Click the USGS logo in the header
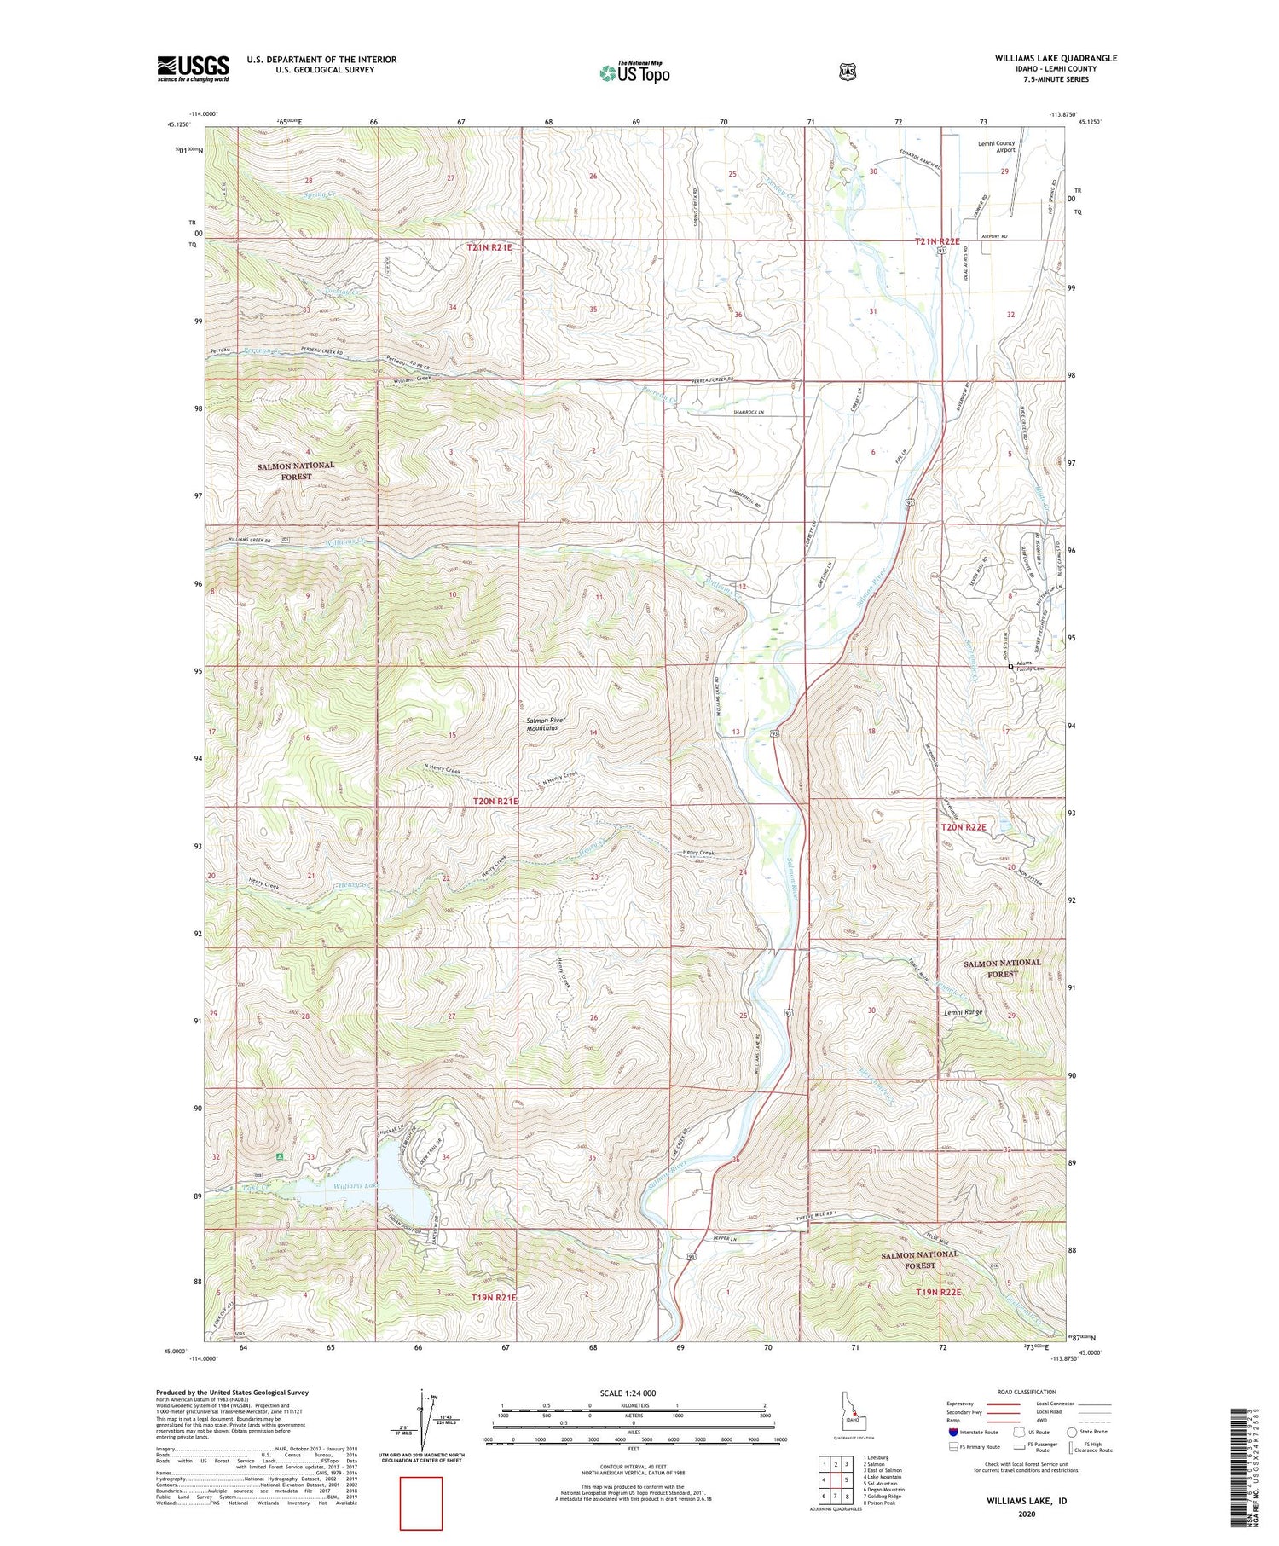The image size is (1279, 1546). click(x=193, y=68)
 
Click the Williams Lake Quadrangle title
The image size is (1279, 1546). click(x=1055, y=58)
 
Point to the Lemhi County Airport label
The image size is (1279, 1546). click(x=996, y=147)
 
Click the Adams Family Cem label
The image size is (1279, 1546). click(x=1030, y=666)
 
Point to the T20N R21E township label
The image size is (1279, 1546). click(x=495, y=801)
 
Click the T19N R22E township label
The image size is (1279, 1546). click(x=938, y=1293)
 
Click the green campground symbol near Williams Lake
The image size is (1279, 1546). click(x=280, y=1156)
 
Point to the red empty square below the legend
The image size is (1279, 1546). click(x=421, y=1503)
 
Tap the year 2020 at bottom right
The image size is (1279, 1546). click(x=1026, y=1514)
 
